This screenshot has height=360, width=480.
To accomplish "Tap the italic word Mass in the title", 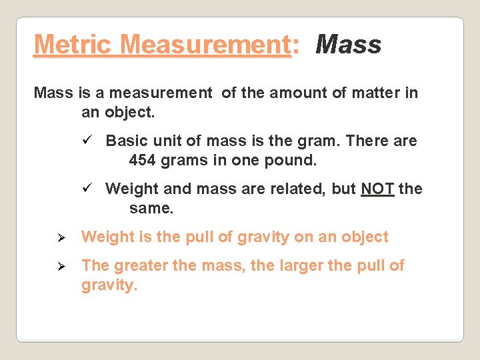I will [348, 45].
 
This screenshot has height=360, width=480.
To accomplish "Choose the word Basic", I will [126, 141].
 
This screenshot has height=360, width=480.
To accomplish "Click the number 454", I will [141, 160].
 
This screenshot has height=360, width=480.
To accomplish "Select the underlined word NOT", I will [377, 189].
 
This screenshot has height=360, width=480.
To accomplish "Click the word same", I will [151, 208].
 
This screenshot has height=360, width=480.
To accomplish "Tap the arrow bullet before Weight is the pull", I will [60, 237].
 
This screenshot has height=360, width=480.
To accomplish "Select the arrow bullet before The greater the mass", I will [60, 266].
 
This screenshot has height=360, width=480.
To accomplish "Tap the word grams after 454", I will [182, 160].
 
